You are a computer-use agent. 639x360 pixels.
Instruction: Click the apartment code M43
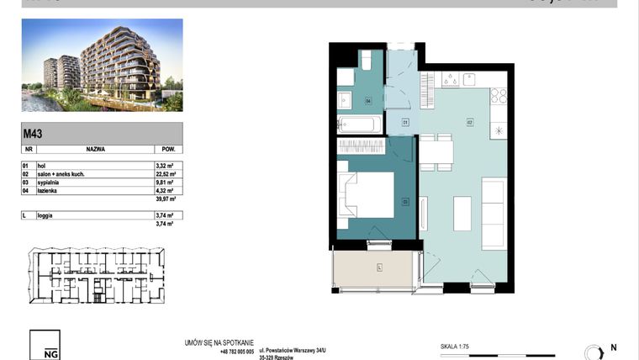[x=34, y=133]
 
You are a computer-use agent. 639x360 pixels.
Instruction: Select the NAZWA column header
[x=94, y=147]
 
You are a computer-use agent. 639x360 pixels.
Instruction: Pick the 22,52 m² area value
[x=165, y=174]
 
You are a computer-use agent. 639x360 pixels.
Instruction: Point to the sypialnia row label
[x=46, y=183]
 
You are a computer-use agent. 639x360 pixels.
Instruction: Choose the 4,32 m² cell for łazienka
[x=165, y=190]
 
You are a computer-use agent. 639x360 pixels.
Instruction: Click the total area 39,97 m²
[x=165, y=199]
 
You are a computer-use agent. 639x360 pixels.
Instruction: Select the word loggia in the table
[x=43, y=215]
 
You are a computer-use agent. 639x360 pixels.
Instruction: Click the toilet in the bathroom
[x=367, y=61]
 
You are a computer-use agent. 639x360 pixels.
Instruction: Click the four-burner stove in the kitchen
[x=497, y=95]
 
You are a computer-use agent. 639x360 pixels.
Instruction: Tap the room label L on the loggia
[x=379, y=267]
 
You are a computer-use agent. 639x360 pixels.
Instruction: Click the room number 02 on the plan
[x=470, y=122]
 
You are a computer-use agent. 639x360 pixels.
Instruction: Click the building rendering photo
[x=101, y=66]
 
